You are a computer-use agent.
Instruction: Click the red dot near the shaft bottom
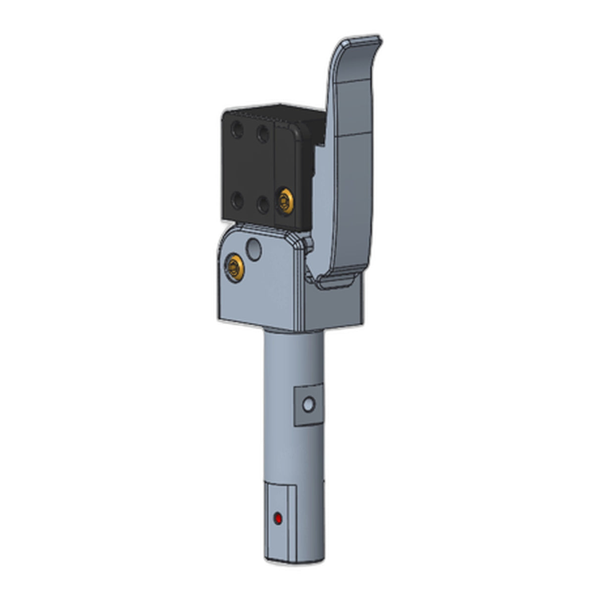(278, 519)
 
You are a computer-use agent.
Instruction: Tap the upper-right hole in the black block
(262, 133)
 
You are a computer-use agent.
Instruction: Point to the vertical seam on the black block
(274, 168)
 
